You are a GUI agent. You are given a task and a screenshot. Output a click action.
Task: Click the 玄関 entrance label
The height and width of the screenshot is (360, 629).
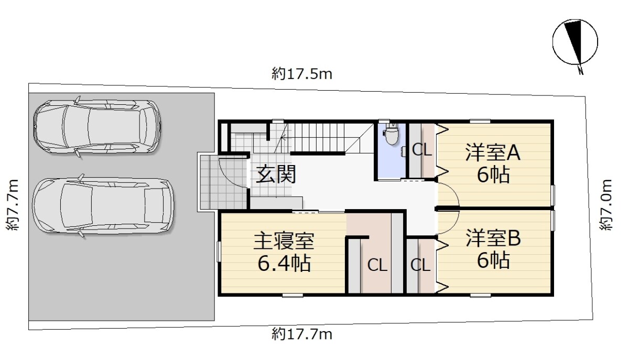(x=276, y=174)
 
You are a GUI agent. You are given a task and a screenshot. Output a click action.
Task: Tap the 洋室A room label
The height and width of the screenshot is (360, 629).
(x=493, y=152)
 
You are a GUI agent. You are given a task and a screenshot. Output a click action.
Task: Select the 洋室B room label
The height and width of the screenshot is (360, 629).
(x=493, y=238)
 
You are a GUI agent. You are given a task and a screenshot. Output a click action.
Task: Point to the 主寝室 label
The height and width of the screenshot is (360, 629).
(x=284, y=241)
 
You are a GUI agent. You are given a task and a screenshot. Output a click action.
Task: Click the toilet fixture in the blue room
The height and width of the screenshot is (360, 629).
(x=392, y=135)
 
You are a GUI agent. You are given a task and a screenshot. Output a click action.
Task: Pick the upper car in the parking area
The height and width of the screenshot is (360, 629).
(x=97, y=127)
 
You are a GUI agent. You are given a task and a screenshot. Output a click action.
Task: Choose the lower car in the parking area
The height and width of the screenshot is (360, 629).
(x=103, y=205)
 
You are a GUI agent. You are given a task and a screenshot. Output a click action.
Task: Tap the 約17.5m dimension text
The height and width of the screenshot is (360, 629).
(x=302, y=74)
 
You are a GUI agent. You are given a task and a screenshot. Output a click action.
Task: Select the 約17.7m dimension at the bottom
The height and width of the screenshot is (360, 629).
(x=302, y=334)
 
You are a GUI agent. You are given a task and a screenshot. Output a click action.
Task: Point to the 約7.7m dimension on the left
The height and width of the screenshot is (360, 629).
(x=13, y=205)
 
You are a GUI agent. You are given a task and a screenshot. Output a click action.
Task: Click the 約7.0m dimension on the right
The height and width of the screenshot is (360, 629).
(x=606, y=205)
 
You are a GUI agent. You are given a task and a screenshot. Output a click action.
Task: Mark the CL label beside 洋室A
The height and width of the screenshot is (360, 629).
(x=422, y=150)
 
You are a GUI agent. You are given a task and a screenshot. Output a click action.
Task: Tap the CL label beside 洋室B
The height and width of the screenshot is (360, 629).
(x=420, y=265)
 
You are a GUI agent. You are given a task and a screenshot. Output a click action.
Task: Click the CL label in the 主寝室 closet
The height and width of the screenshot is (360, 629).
(x=377, y=265)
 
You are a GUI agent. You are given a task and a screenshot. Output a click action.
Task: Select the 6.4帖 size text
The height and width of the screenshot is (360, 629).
(x=284, y=263)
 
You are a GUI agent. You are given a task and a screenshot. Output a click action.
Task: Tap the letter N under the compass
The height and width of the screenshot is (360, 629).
(x=580, y=71)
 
